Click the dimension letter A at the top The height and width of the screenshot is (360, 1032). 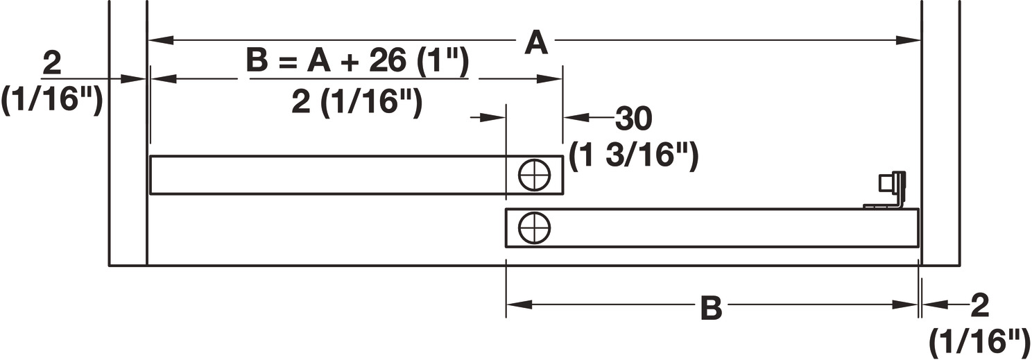click(x=535, y=43)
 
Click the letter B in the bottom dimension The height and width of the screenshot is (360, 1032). click(x=711, y=307)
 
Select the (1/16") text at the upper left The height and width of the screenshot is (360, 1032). click(x=52, y=101)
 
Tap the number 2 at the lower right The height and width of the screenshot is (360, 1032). click(x=980, y=305)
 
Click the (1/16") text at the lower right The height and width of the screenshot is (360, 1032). click(x=978, y=341)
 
